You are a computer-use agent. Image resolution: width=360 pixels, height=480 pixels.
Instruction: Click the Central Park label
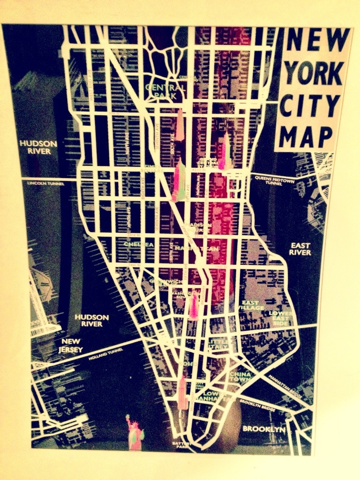tap(165, 91)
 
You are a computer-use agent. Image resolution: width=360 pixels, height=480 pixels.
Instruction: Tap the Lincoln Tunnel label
tap(45, 183)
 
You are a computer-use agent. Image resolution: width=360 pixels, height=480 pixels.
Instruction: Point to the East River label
tap(300, 249)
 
